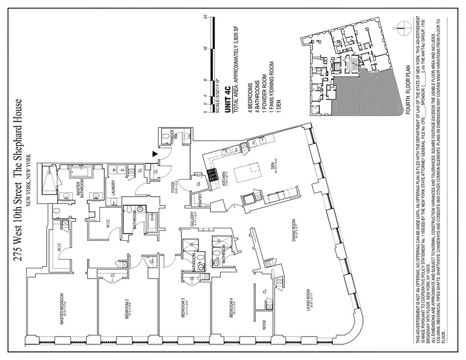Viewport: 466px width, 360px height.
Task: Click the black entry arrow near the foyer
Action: (x=155, y=154)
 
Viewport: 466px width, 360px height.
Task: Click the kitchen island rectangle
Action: (x=247, y=172)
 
